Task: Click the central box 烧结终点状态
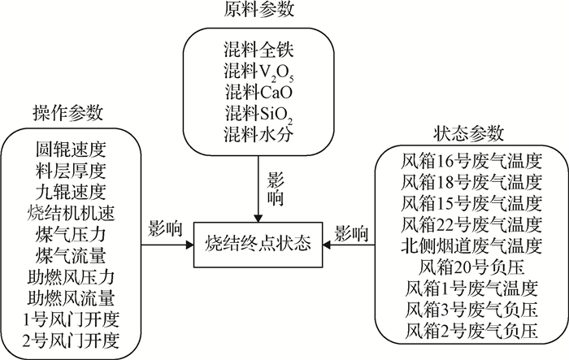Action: click(258, 243)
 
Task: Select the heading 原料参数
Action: click(258, 11)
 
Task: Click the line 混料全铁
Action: click(258, 46)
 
